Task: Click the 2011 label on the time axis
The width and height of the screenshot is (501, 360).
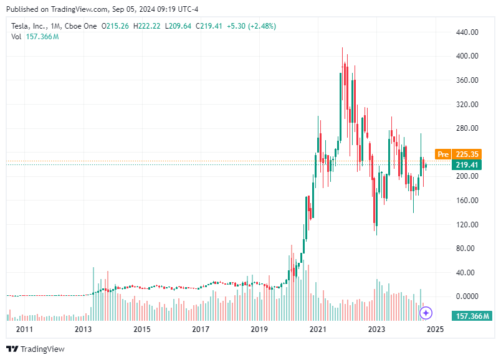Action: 24,329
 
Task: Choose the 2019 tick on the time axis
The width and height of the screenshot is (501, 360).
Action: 259,329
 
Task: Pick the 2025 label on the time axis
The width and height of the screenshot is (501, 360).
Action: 435,329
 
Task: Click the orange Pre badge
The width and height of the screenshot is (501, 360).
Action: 443,154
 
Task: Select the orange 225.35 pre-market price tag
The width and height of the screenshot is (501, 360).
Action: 467,154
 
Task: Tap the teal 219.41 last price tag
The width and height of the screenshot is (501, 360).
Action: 467,165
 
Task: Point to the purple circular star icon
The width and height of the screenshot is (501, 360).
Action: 426,313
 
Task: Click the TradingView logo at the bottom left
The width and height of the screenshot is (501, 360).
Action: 36,349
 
